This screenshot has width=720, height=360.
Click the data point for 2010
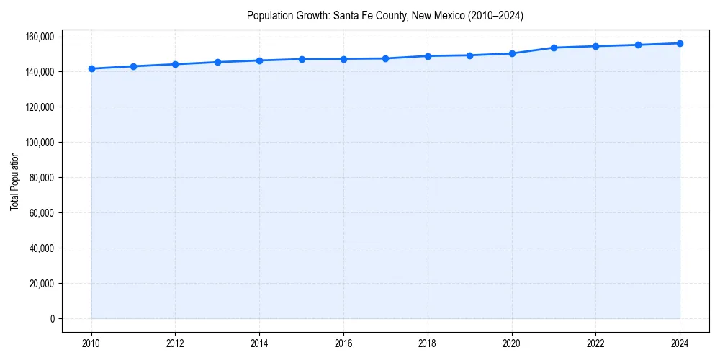[91, 68]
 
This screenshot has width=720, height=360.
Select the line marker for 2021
[554, 48]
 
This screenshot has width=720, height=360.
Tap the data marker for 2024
[680, 43]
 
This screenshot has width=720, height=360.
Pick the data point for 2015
[302, 59]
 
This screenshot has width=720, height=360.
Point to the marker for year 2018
[428, 55]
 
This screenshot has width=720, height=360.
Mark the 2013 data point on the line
[217, 62]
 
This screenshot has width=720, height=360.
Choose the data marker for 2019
[469, 55]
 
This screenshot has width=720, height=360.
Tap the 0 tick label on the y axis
[53, 319]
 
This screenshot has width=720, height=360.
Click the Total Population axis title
[14, 181]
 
